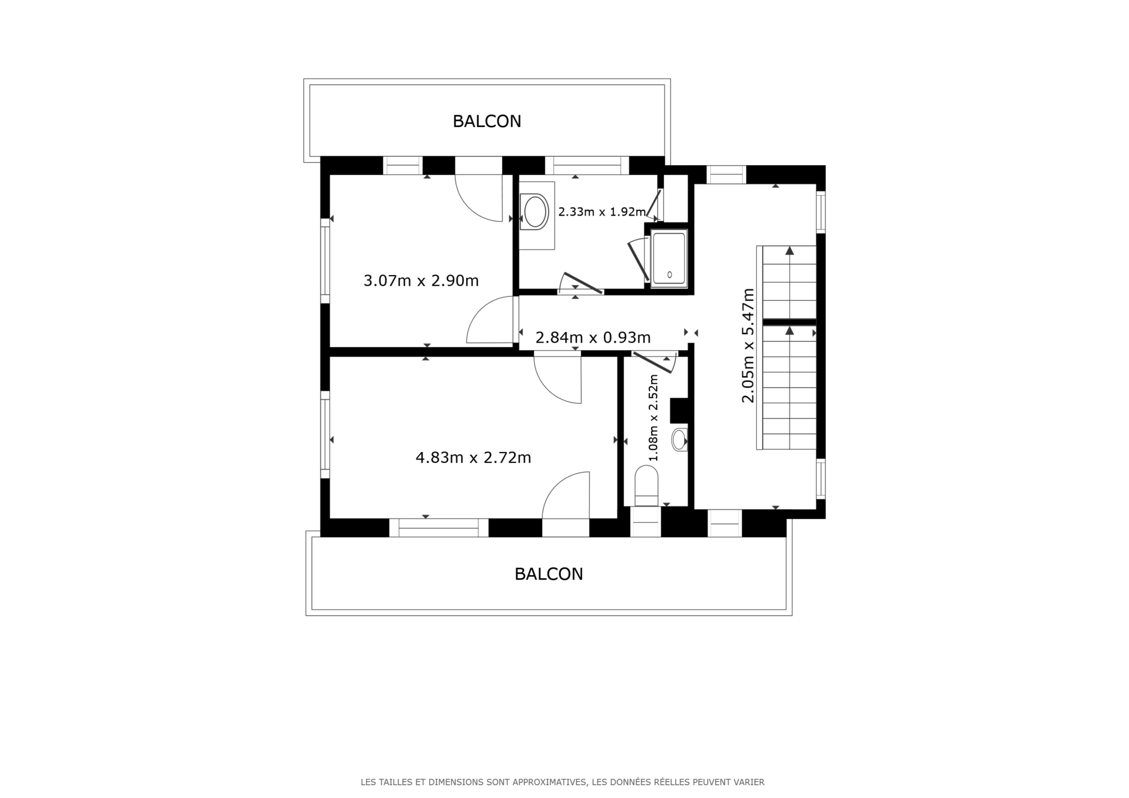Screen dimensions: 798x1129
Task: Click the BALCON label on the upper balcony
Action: [487, 121]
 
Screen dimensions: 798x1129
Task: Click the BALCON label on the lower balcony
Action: [549, 574]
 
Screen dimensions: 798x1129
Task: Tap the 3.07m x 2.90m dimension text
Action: [421, 281]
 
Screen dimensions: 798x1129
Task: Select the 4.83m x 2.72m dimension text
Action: [473, 457]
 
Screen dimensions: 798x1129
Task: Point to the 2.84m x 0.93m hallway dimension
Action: [593, 337]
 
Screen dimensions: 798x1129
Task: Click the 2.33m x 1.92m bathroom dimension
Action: [602, 212]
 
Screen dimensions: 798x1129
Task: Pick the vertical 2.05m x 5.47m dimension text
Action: [747, 345]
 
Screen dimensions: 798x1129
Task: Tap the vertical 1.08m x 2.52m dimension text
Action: [653, 417]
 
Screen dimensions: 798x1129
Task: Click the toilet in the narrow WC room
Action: [646, 485]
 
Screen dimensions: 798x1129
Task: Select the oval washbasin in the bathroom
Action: [535, 212]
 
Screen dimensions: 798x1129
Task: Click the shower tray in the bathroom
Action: [669, 258]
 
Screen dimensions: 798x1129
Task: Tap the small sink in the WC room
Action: [679, 439]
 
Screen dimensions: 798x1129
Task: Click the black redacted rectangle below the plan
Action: [568, 669]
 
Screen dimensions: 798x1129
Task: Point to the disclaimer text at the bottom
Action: [562, 782]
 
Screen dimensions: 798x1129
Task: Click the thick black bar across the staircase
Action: [789, 322]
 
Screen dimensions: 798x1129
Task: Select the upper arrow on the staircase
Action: [790, 251]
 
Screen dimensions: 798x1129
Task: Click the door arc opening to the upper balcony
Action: [479, 199]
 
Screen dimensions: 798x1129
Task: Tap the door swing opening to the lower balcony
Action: [564, 495]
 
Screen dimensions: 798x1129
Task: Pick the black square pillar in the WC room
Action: [679, 410]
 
